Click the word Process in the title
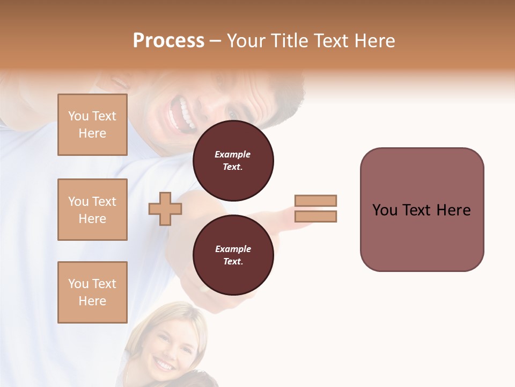[x=168, y=40]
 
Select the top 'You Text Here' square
[x=92, y=125]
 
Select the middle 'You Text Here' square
[x=92, y=210]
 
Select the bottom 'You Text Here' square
[x=92, y=292]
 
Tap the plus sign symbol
[x=165, y=209]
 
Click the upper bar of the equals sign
[x=315, y=200]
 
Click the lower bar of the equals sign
[x=315, y=216]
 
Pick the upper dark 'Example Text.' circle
[x=233, y=161]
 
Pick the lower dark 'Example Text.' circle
[x=233, y=255]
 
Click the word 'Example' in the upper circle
[x=232, y=154]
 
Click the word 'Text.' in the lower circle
[x=233, y=262]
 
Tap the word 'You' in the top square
[x=78, y=116]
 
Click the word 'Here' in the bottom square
[x=92, y=301]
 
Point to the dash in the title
[x=216, y=41]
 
